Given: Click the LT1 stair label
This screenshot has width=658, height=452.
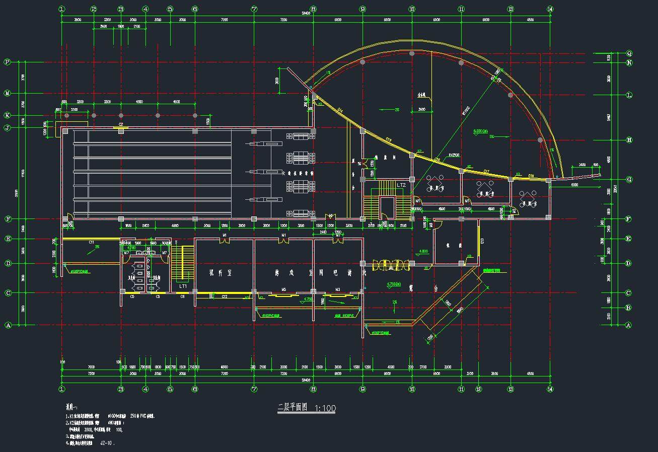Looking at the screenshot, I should tap(183, 286).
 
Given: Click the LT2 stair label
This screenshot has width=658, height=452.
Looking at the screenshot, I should tap(401, 185).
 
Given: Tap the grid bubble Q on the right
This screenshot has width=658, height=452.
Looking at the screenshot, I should tap(629, 53).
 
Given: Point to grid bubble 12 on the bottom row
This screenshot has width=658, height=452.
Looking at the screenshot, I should tap(478, 389).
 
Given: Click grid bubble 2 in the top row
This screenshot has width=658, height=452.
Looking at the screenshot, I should tap(94, 9).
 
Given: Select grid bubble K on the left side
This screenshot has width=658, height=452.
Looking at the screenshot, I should tap(7, 115).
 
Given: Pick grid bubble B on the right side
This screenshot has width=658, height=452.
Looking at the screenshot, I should tap(629, 308).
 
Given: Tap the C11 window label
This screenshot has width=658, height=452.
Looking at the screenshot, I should tap(92, 242).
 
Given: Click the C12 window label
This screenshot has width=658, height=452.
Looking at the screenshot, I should tap(225, 296).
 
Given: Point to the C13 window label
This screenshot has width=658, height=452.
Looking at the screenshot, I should tap(482, 240).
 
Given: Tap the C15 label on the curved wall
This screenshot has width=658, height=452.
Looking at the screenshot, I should tap(389, 139).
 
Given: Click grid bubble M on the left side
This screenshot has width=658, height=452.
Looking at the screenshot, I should tap(7, 93).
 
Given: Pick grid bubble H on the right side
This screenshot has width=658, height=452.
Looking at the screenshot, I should tap(629, 140).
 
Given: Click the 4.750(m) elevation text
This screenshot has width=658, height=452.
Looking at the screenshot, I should tap(393, 284).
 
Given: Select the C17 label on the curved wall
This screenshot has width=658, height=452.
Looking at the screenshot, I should tap(486, 172).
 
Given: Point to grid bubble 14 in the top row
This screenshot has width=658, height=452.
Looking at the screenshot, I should tap(550, 9).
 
